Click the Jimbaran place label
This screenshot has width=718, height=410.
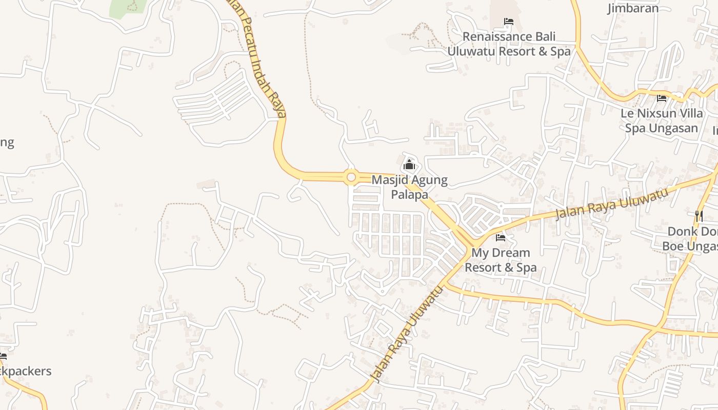(632, 8)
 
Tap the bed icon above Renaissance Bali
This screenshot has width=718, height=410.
(509, 22)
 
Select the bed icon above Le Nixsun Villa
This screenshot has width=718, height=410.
(662, 98)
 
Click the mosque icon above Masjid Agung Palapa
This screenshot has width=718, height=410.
(409, 165)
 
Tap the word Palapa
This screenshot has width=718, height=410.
(409, 195)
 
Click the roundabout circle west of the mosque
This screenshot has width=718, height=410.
(351, 177)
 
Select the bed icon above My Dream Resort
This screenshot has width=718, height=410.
(501, 237)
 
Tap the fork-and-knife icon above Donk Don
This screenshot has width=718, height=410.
(699, 216)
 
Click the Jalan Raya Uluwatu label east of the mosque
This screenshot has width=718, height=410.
(612, 203)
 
